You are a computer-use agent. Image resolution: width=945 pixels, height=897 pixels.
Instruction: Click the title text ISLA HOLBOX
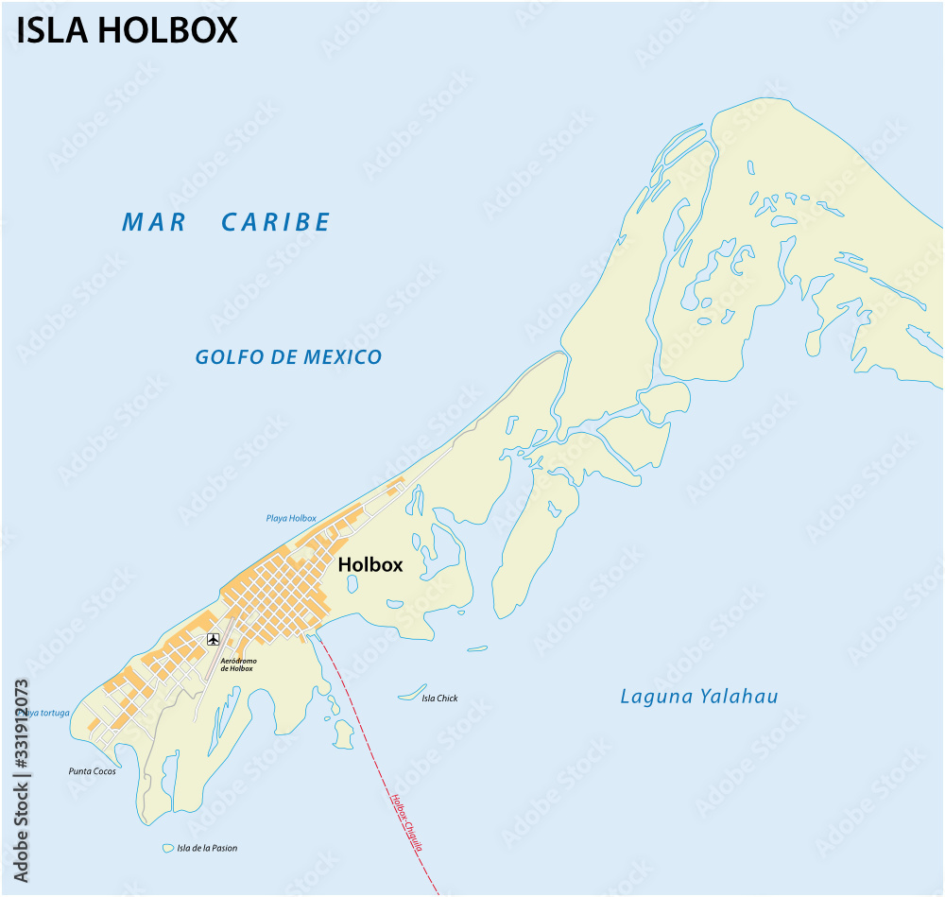[127, 30]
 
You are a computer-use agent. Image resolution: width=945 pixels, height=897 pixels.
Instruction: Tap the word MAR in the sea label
[155, 222]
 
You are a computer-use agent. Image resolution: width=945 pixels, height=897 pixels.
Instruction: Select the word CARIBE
[276, 222]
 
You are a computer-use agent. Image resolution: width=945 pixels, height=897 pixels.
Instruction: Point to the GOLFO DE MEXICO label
[288, 357]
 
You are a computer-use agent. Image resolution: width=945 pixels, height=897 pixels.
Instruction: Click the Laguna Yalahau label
[698, 697]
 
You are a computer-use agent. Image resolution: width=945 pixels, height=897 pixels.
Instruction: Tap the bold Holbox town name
[370, 565]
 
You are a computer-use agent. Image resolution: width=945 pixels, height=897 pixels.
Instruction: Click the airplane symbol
[213, 640]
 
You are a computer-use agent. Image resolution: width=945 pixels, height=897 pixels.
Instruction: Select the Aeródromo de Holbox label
[236, 664]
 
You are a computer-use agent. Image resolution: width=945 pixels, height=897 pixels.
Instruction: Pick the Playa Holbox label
[291, 518]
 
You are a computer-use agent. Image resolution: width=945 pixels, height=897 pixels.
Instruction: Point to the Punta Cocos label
[92, 771]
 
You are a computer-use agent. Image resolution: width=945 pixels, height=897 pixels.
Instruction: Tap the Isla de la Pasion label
[207, 848]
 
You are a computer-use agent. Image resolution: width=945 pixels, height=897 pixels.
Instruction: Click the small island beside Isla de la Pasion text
[168, 848]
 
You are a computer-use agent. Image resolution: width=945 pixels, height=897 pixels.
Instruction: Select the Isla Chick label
[439, 699]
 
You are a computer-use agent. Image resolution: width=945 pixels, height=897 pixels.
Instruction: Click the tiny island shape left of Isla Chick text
[410, 694]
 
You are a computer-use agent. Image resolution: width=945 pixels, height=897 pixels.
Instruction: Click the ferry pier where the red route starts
[312, 636]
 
